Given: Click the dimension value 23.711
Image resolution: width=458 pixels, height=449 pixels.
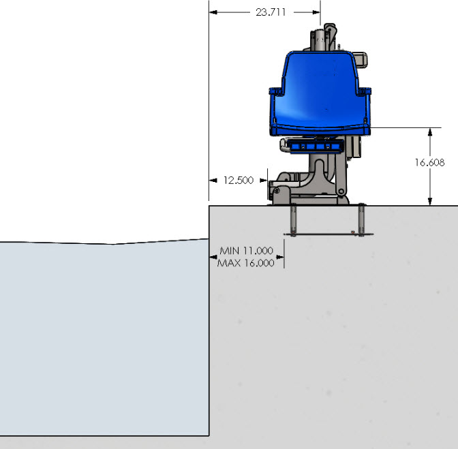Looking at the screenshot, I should coord(271,12).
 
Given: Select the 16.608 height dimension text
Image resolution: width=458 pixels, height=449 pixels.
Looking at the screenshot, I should coord(429,162).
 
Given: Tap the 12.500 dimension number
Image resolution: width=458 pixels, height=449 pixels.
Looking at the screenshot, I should coord(239,181).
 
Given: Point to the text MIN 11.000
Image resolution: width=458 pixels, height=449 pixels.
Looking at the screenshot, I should coord(245,251).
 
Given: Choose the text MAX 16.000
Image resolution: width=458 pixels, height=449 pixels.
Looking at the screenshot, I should coord(245,262).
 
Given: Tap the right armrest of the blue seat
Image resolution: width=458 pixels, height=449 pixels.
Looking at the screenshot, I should coord(366,90).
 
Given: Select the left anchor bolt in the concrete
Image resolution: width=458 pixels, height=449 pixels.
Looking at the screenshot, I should coord(293,220).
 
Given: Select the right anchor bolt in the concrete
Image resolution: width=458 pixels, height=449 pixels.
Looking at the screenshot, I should coord(361,219).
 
